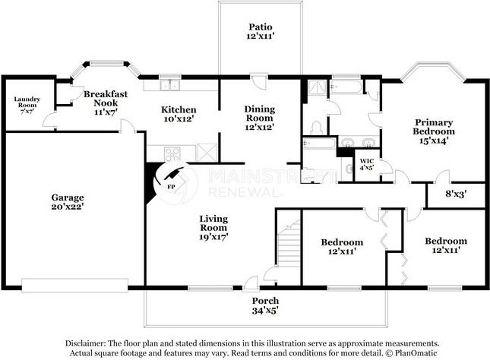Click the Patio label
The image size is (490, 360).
(261, 27)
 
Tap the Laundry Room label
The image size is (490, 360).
(27, 103)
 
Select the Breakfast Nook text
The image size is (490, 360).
(106, 99)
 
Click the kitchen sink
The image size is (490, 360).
(169, 85)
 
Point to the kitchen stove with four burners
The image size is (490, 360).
(172, 154)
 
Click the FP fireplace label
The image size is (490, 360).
(171, 187)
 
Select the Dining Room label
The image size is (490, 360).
(259, 113)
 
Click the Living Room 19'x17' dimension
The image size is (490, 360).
(213, 237)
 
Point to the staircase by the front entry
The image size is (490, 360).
(289, 244)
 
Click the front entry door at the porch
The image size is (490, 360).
(250, 284)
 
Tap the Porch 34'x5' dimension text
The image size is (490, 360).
(265, 311)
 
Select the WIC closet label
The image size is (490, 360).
(367, 161)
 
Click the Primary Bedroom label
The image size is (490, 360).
(434, 127)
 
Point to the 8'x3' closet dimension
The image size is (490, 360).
(457, 194)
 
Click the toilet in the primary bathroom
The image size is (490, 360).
(317, 128)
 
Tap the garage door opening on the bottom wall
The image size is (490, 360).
(75, 286)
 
